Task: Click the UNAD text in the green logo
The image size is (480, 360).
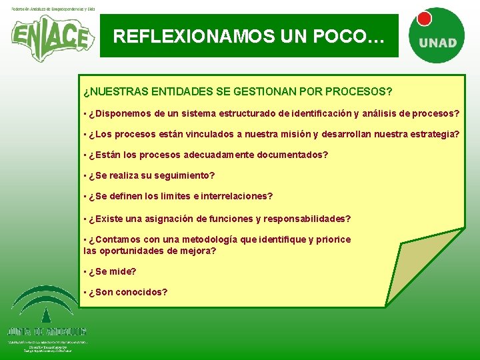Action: (x=437, y=43)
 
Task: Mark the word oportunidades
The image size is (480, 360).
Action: (x=134, y=251)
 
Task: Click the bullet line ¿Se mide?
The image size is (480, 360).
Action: (x=112, y=271)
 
